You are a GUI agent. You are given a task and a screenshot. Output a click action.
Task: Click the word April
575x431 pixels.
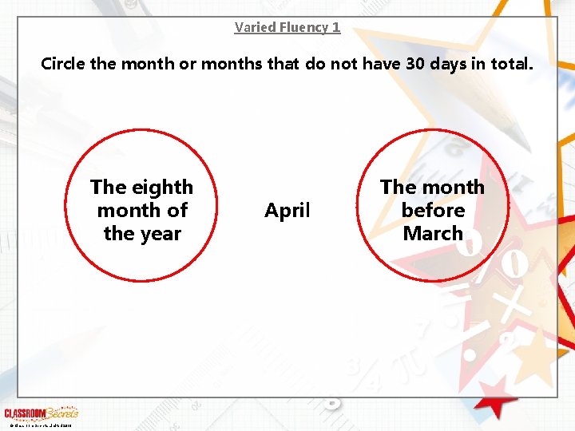[287, 211]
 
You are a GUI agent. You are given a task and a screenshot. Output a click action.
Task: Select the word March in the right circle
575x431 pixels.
[433, 234]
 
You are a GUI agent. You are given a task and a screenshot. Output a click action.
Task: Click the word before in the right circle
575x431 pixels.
[433, 211]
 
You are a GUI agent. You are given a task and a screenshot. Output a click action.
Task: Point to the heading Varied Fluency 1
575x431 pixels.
[287, 27]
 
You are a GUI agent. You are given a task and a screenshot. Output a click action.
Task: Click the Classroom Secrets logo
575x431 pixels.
[42, 413]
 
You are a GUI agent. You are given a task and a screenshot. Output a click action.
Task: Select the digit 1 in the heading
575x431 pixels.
[336, 27]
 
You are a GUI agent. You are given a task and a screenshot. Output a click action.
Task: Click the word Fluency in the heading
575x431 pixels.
[303, 27]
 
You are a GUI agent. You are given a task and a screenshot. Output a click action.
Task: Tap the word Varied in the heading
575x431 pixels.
[254, 27]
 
